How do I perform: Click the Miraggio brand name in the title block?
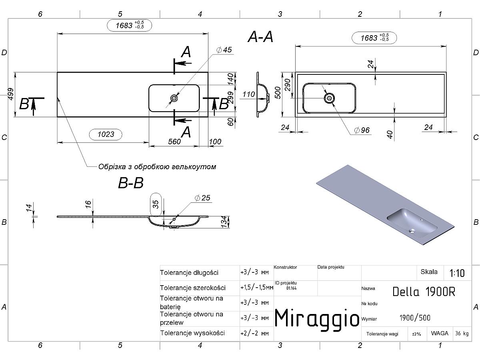click(317, 318)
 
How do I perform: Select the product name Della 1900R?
click(424, 292)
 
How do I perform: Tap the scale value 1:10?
click(457, 273)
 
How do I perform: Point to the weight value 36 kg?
click(462, 333)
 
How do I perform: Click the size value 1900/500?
click(415, 318)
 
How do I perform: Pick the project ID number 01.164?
click(291, 288)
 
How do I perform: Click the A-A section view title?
click(260, 36)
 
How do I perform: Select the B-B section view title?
click(131, 183)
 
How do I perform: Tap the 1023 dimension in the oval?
click(106, 134)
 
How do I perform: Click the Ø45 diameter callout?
click(224, 50)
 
